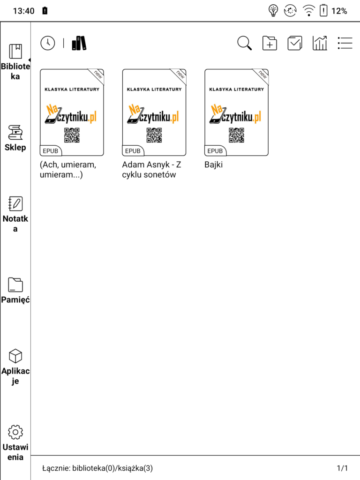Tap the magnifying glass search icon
click(244, 43)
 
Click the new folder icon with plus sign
click(270, 43)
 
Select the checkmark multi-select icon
click(295, 43)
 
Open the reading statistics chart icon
click(320, 43)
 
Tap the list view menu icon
click(345, 43)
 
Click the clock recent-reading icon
click(48, 43)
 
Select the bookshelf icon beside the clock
click(79, 43)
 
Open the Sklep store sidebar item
click(15, 138)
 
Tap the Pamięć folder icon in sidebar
click(15, 285)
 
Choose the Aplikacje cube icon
click(15, 356)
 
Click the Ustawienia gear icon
click(15, 432)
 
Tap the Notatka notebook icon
click(15, 203)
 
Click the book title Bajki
click(213, 165)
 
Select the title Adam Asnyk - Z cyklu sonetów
click(151, 170)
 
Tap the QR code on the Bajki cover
click(236, 135)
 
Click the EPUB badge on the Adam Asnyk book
click(133, 151)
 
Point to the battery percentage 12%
click(339, 11)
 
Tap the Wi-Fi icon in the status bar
click(309, 11)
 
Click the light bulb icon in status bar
click(273, 11)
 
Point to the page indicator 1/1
click(342, 468)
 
